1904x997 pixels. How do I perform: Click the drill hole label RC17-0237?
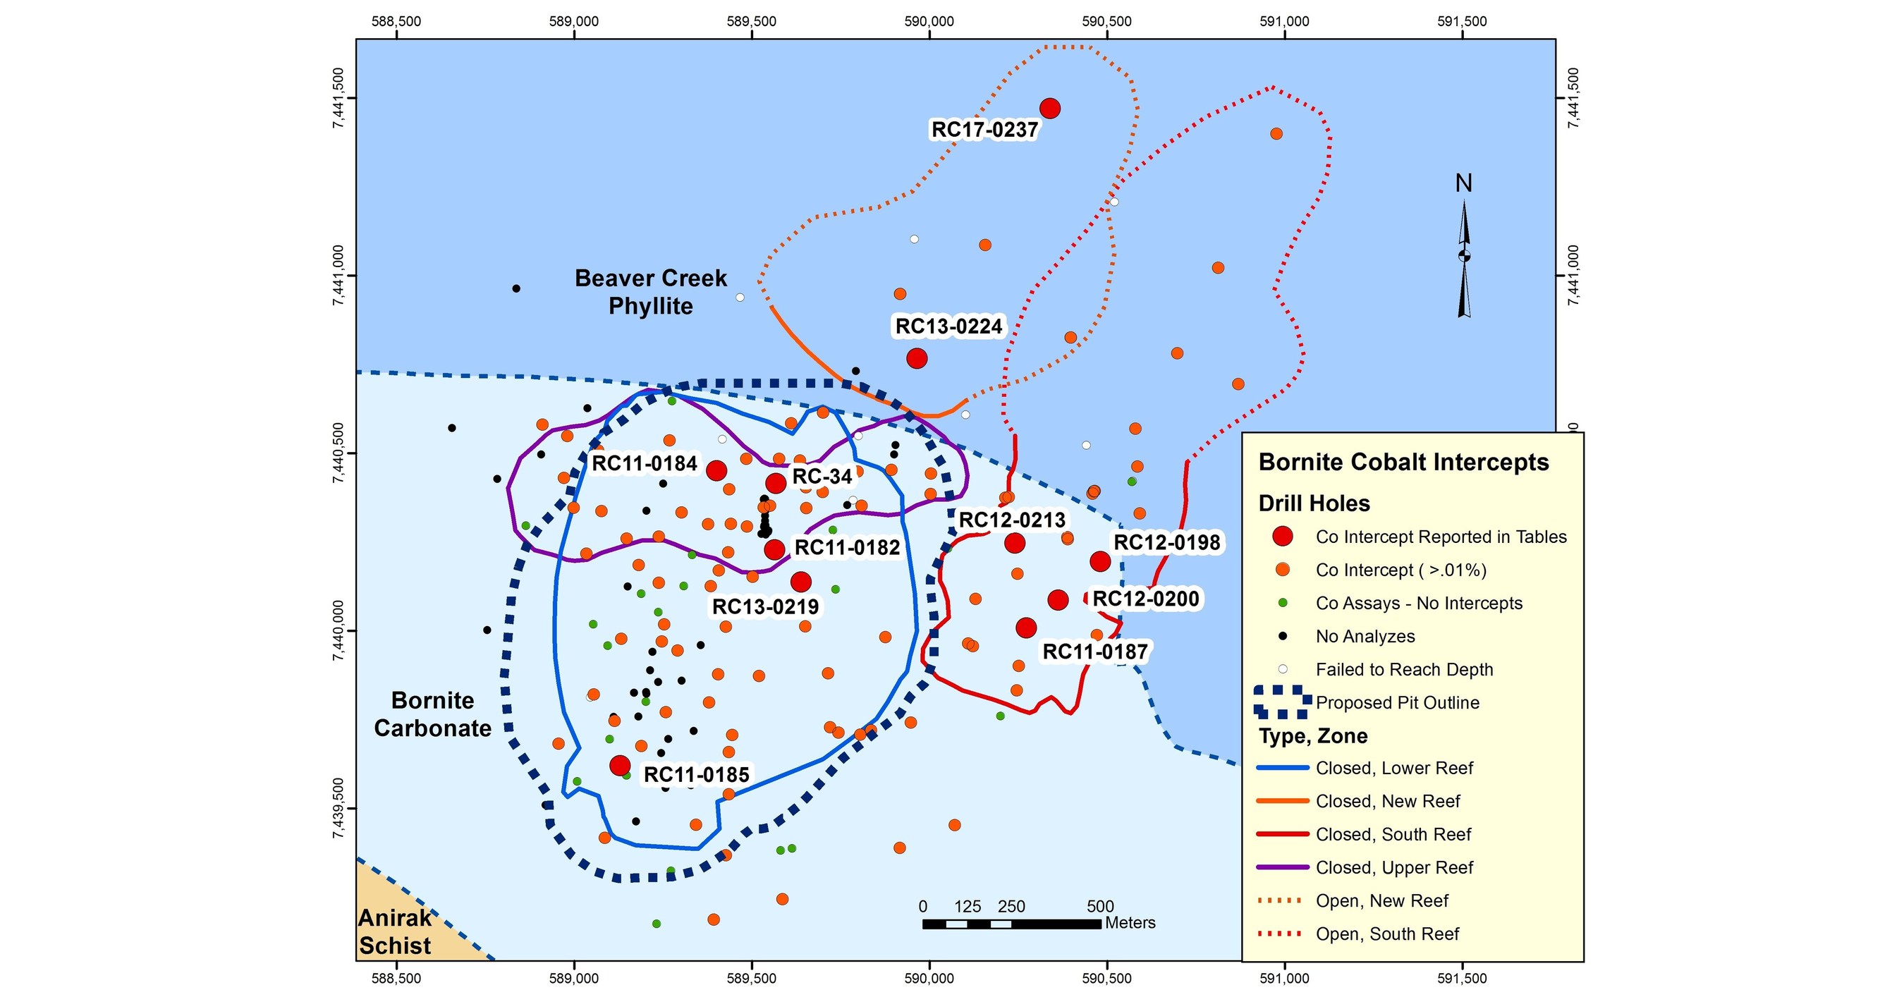(984, 130)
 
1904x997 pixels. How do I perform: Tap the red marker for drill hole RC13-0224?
(917, 358)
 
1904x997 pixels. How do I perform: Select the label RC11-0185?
(696, 774)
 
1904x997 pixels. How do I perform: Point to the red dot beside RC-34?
(774, 484)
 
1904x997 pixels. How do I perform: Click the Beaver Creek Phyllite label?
(650, 292)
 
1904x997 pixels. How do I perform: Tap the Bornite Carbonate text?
(432, 714)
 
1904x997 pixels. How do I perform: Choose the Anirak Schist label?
(395, 931)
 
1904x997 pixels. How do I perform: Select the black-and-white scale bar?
(1011, 924)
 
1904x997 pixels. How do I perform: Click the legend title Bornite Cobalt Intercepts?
(1403, 462)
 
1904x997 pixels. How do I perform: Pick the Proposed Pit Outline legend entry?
(1397, 703)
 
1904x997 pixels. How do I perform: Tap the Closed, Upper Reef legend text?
(1394, 868)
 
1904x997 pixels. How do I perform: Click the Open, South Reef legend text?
(1387, 934)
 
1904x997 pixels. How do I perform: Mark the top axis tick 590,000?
(929, 21)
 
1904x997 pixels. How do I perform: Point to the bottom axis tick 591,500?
(1461, 978)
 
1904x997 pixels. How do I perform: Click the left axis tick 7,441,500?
(338, 98)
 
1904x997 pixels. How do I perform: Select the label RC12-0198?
(1166, 542)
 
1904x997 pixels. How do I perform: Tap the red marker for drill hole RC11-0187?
(1026, 628)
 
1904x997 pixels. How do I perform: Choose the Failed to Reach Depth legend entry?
(1403, 670)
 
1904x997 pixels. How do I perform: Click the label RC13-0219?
(765, 607)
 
